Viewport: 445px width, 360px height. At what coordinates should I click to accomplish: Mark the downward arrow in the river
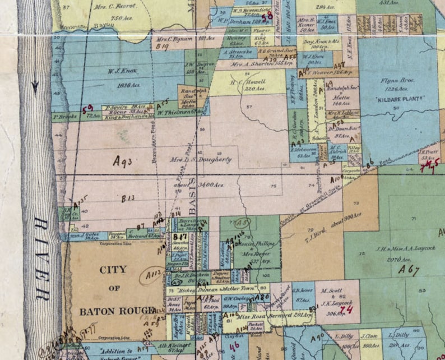[x=35, y=84]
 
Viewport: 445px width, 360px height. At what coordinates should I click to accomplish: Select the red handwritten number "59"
[x=87, y=108]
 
